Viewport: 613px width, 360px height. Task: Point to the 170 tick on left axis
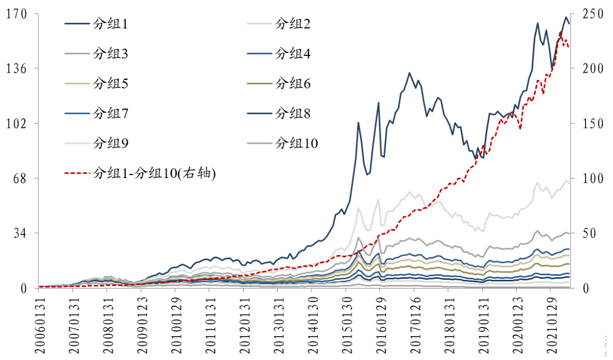coord(16,14)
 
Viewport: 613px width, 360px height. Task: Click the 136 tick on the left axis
coord(16,69)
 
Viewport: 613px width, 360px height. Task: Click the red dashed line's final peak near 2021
coord(561,32)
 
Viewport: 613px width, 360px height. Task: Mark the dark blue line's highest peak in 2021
coord(565,17)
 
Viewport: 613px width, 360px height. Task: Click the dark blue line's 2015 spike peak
coord(358,123)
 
